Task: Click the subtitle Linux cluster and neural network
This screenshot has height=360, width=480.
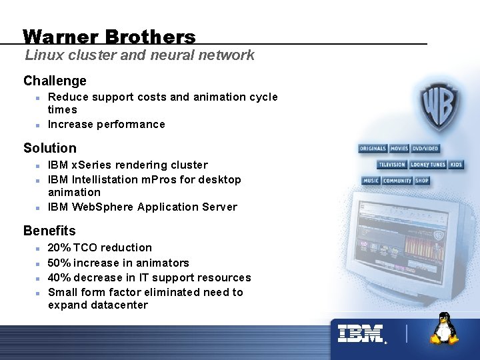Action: pos(139,55)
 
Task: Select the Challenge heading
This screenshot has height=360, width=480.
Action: pos(55,81)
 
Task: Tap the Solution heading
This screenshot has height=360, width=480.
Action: pos(50,148)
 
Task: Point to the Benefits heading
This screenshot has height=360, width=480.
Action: pos(49,231)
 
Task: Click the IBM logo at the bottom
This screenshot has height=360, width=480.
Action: pos(361,333)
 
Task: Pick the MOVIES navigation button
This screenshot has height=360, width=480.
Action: pos(399,149)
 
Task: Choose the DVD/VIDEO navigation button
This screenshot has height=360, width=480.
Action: pos(425,149)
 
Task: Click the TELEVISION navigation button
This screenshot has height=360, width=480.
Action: pos(392,165)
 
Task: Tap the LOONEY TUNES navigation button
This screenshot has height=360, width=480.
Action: pos(428,165)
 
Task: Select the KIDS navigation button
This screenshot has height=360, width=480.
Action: pos(456,165)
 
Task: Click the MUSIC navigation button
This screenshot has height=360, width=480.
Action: pos(371,181)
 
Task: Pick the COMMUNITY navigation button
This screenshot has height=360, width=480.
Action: pos(397,181)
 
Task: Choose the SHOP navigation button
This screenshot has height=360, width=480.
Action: pos(422,181)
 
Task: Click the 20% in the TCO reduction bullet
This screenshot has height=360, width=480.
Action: pos(58,247)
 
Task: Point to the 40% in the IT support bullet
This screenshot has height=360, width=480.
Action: pos(58,277)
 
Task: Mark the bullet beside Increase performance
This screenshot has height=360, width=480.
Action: pos(38,125)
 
